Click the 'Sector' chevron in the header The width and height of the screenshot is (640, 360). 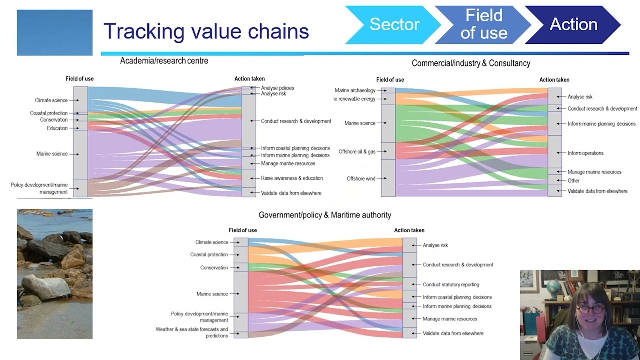click(394, 24)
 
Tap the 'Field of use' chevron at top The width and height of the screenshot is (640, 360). click(483, 24)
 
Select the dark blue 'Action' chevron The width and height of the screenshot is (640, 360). click(573, 24)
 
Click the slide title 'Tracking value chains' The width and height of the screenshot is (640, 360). click(206, 31)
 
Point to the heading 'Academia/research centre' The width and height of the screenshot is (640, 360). click(164, 61)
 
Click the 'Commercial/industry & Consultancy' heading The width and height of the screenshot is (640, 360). click(471, 63)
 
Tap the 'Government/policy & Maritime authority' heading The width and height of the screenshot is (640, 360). click(325, 215)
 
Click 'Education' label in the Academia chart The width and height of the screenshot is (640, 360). click(57, 128)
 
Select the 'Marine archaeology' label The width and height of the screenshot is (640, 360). click(355, 90)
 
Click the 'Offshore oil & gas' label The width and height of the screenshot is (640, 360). click(357, 151)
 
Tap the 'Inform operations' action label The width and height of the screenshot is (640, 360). click(585, 153)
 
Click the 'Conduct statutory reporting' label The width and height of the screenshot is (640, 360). click(451, 285)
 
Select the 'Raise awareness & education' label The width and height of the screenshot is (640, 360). click(292, 178)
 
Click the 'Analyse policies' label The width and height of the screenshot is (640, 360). click(277, 88)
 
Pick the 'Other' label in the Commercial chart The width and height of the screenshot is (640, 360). click(573, 181)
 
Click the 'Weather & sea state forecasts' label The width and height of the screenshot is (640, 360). click(192, 332)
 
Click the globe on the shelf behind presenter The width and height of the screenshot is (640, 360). click(553, 288)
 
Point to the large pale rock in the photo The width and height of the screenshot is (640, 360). click(45, 286)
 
